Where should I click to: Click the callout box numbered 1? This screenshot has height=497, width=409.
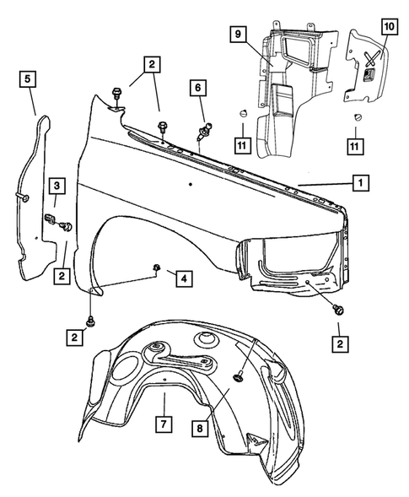[x=359, y=181]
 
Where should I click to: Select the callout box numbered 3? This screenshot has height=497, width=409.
[x=56, y=186]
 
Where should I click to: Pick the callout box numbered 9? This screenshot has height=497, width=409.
[x=239, y=35]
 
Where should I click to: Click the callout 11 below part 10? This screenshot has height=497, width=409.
[x=358, y=147]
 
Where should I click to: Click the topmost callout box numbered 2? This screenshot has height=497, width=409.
[x=153, y=64]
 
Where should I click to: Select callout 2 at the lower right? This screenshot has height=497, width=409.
[x=339, y=343]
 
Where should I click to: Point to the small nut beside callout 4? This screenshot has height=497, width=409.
[x=158, y=268]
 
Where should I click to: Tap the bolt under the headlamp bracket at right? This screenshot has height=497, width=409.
[x=339, y=311]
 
